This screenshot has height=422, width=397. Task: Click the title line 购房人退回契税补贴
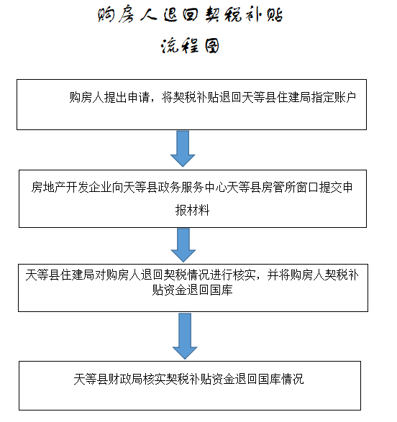190,15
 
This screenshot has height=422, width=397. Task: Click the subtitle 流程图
190,45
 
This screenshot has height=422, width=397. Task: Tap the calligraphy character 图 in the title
211,45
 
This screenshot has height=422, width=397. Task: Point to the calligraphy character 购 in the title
106,15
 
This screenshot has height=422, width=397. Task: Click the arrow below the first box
183,149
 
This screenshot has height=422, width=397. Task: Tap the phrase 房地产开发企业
71,188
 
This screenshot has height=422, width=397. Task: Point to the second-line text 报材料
192,210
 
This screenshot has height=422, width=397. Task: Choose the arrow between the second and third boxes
183,245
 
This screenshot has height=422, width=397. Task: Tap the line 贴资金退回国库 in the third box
192,290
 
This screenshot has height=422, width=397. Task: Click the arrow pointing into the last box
185,336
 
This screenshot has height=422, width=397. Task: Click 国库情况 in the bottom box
280,379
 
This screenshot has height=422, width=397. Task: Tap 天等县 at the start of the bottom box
91,379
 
